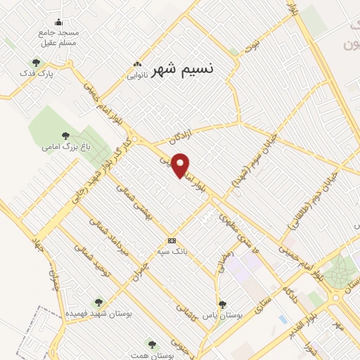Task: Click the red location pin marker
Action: coord(181,165)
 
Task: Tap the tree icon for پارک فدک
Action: coord(36,63)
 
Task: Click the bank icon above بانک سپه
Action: coord(172,240)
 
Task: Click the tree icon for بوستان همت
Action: coord(152,343)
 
